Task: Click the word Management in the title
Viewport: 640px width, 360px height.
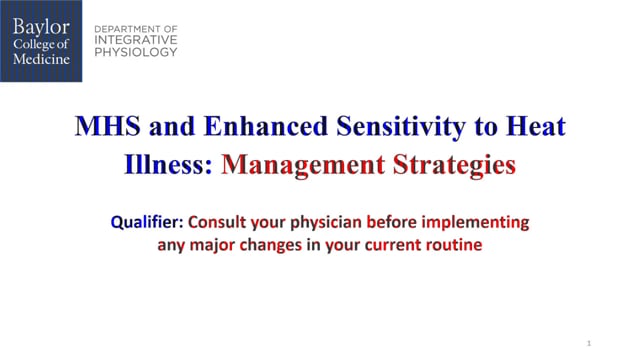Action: tap(301, 164)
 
